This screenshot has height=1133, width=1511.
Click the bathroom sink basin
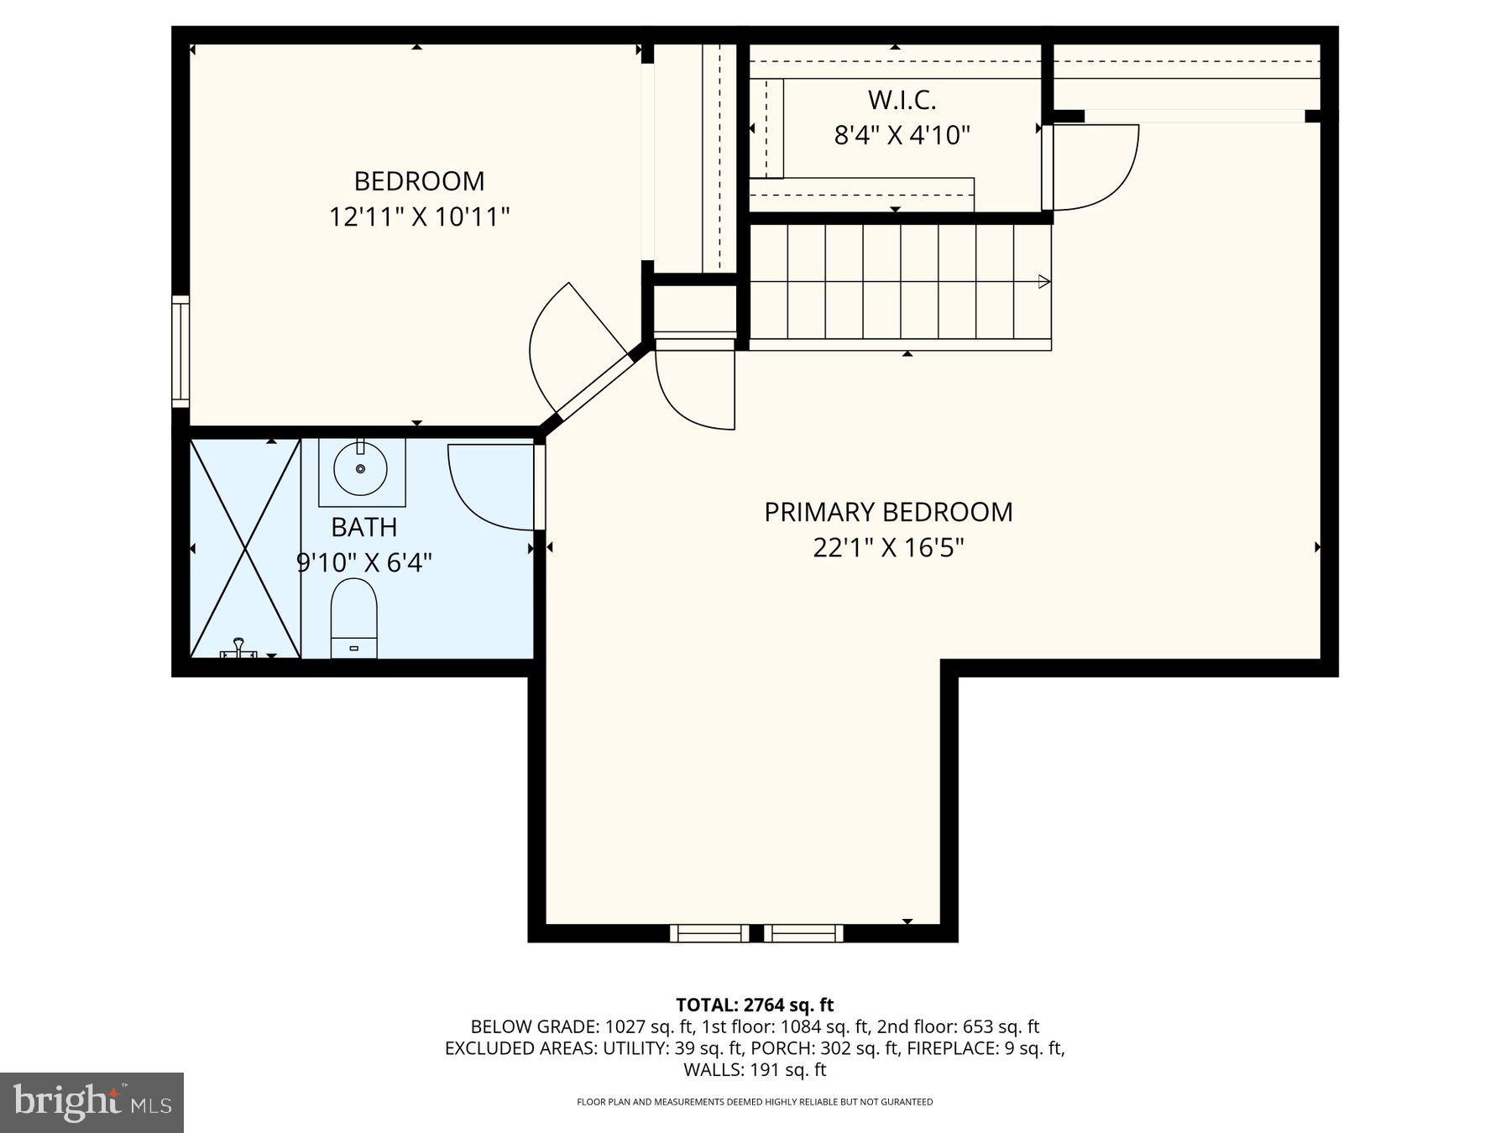pos(361,469)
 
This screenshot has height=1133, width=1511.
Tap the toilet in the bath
pos(354,618)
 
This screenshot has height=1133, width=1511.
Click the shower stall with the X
pos(245,547)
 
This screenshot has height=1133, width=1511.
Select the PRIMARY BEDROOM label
pos(888,512)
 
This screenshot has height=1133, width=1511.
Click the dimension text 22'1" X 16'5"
pos(888,548)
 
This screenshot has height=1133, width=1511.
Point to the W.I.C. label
pos(902,100)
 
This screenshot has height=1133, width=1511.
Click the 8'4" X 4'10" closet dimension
pos(902,135)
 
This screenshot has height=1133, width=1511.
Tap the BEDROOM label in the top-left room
pos(419,181)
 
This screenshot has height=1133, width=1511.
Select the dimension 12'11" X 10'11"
pos(419,217)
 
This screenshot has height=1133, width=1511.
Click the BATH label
pos(363,527)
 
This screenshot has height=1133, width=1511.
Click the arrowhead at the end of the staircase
pos(1043,281)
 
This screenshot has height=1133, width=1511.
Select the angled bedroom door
pos(579,352)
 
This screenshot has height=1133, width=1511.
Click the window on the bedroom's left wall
pos(180,351)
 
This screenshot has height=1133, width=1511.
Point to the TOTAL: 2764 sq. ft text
pos(755,1005)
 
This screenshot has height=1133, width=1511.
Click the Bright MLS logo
pos(91,1102)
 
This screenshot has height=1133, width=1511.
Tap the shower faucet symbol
pos(238,647)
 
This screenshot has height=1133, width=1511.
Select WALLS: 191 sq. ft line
pos(755,1070)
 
